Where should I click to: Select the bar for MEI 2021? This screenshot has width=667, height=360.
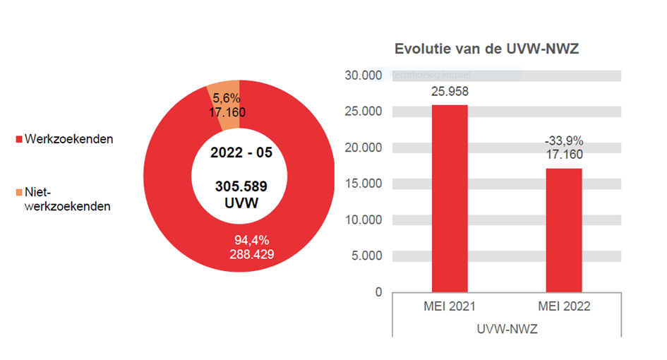450,198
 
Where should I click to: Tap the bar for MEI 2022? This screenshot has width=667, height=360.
564,229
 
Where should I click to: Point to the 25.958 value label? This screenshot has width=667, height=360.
450,92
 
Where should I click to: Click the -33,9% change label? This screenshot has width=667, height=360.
564,140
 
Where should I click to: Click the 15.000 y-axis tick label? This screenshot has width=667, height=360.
362,184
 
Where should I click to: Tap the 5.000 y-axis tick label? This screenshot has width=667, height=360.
365,256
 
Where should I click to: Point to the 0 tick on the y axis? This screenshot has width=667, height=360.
378,292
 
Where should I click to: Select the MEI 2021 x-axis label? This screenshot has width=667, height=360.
450,307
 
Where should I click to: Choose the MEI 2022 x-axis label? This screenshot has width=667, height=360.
564,307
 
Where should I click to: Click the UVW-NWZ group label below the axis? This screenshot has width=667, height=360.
507,328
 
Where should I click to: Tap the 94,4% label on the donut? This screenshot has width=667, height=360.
251,240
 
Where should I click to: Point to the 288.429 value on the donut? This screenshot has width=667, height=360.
251,253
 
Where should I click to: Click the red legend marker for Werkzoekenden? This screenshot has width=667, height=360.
20,140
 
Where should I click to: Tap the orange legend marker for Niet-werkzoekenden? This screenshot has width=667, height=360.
20,192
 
